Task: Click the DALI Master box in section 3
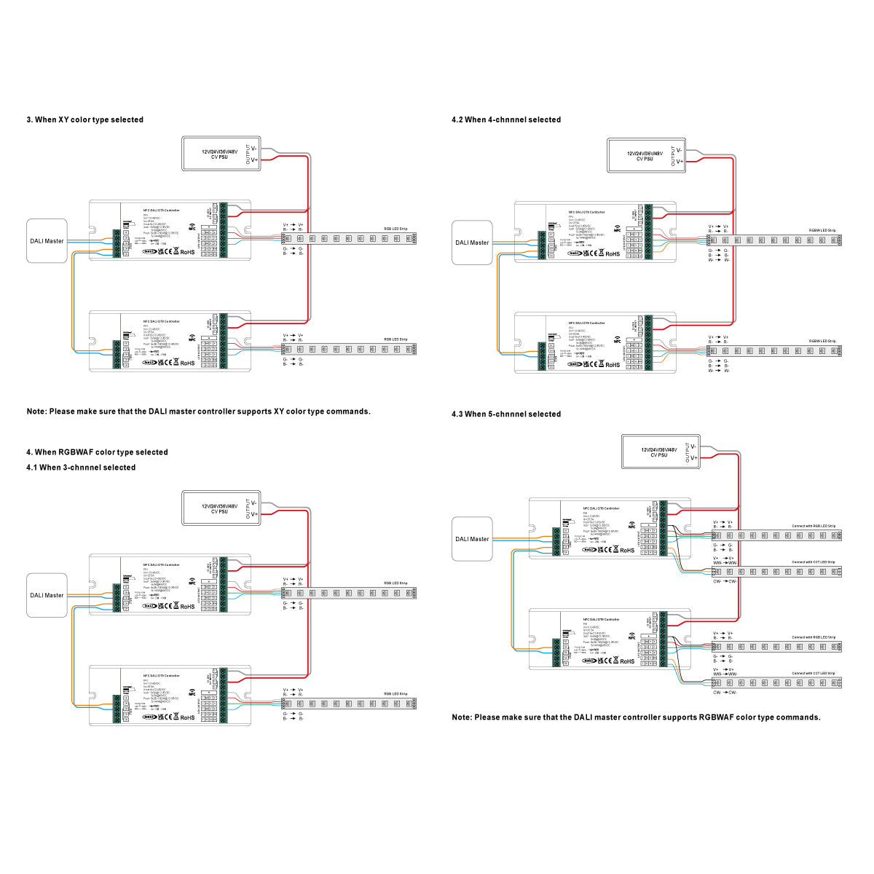47,241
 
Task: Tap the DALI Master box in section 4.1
47,595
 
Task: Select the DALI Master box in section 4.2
472,243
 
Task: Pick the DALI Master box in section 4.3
472,539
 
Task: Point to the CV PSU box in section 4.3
660,452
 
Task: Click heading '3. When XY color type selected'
85,119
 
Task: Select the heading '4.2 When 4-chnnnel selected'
506,119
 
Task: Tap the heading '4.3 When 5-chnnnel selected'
506,414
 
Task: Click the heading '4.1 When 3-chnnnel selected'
81,468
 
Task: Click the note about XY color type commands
199,412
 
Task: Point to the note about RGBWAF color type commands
636,717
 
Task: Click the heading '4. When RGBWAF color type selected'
97,452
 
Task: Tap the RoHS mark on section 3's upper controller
187,251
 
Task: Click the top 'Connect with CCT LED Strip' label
814,562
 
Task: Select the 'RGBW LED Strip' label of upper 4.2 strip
822,230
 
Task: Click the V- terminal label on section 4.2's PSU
679,150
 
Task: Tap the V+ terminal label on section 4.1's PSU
254,514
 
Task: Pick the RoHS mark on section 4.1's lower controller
187,717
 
